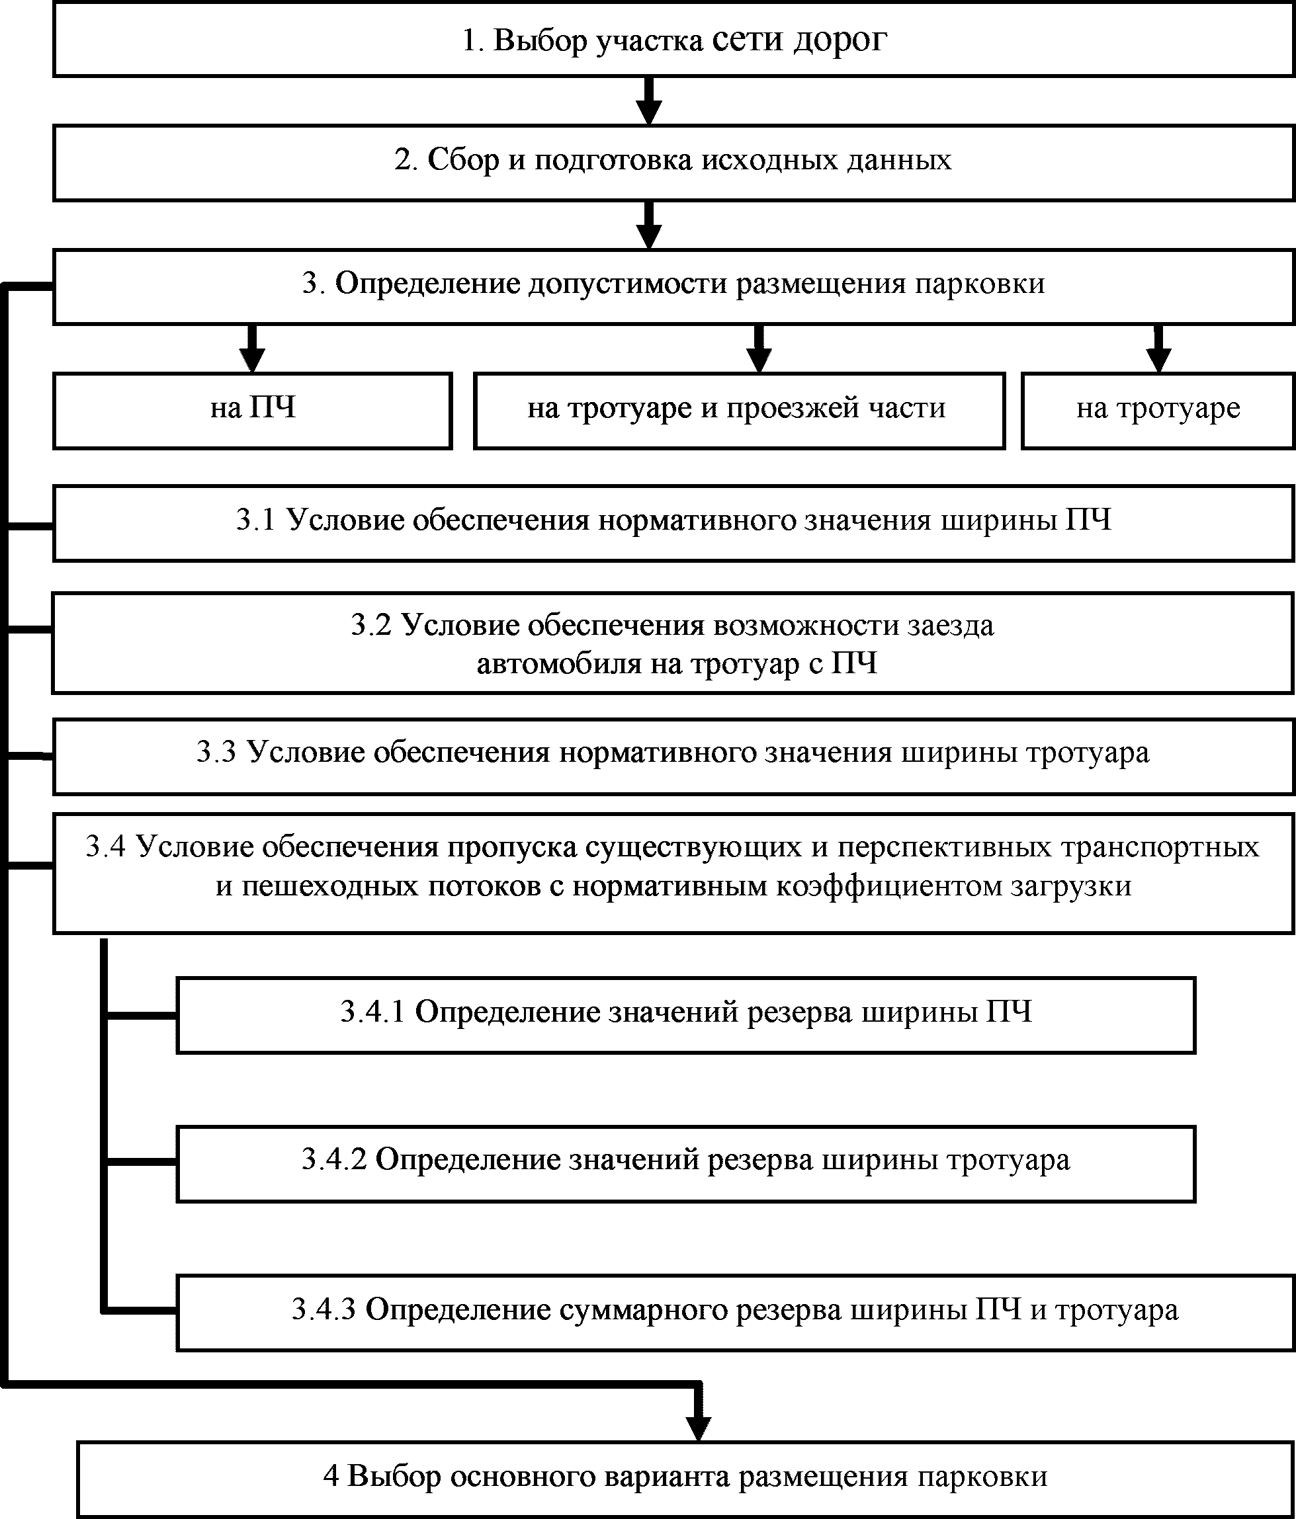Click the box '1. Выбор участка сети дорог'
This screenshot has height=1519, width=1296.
point(673,40)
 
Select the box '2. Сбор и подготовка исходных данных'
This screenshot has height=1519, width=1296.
point(673,161)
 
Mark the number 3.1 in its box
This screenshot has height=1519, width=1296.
point(255,520)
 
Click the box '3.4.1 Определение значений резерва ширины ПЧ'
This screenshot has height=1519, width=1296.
point(686,1014)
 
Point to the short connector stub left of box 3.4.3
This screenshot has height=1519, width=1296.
point(140,1310)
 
